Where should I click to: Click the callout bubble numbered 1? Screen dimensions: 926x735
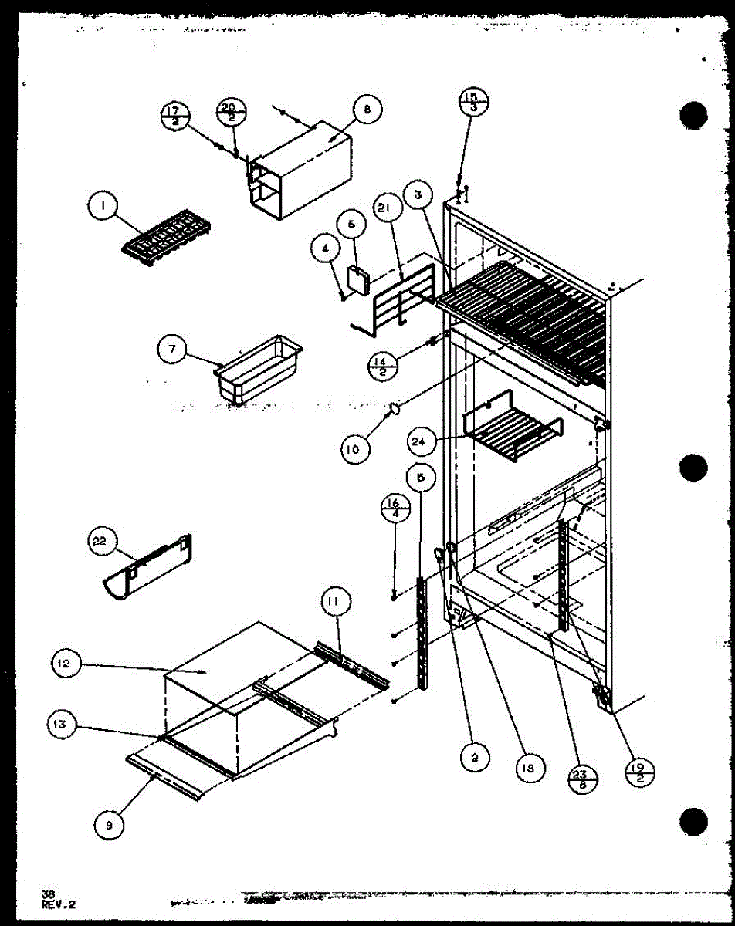coord(102,206)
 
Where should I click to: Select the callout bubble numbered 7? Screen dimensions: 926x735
coord(172,350)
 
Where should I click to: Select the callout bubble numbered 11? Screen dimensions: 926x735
coord(337,601)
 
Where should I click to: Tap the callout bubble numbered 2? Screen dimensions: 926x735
coord(475,759)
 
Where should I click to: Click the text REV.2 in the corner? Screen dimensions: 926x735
coord(59,902)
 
